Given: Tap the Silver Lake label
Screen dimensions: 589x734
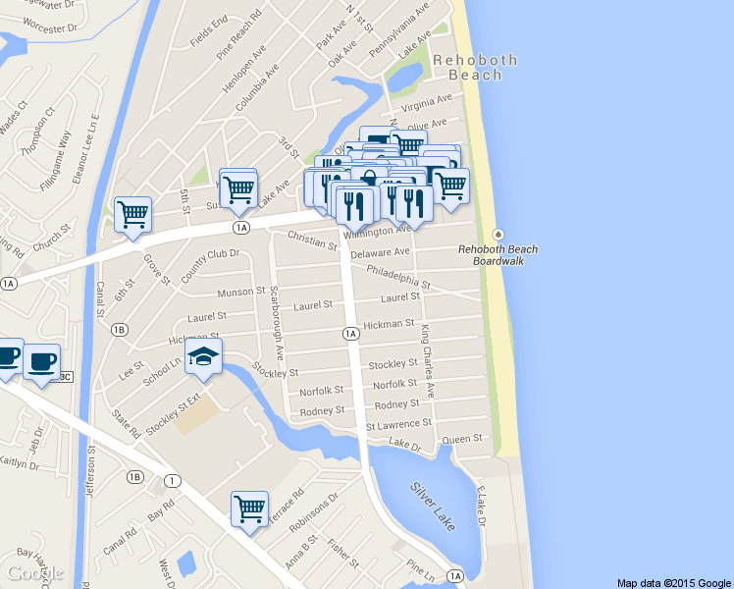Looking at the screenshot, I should (x=433, y=506).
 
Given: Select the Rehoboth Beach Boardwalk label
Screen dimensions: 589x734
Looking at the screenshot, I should (x=498, y=255).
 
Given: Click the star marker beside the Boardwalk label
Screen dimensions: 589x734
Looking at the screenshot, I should (x=498, y=234).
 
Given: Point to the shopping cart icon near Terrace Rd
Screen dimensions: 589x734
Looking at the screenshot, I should (x=249, y=509).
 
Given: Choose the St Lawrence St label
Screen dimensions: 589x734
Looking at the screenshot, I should (x=398, y=424).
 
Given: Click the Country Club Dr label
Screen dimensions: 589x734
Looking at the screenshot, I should (x=210, y=267).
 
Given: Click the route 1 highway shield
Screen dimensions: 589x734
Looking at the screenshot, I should (x=173, y=480).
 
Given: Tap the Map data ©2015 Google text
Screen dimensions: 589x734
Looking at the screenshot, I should (x=674, y=582).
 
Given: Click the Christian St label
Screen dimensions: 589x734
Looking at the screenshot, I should (x=312, y=240).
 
